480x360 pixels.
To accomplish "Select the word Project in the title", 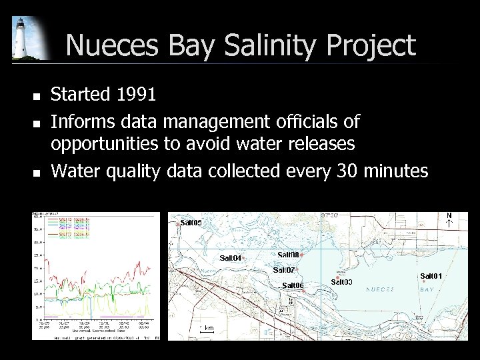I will point(370,45).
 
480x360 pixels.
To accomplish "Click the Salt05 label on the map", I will point(191,222).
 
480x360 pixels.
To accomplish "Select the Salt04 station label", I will point(231,258).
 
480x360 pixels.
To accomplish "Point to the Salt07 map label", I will point(284,270).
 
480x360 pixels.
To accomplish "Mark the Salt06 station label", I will point(293,285).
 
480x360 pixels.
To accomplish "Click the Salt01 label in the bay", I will point(431,276).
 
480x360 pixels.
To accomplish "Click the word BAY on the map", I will point(427,290).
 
